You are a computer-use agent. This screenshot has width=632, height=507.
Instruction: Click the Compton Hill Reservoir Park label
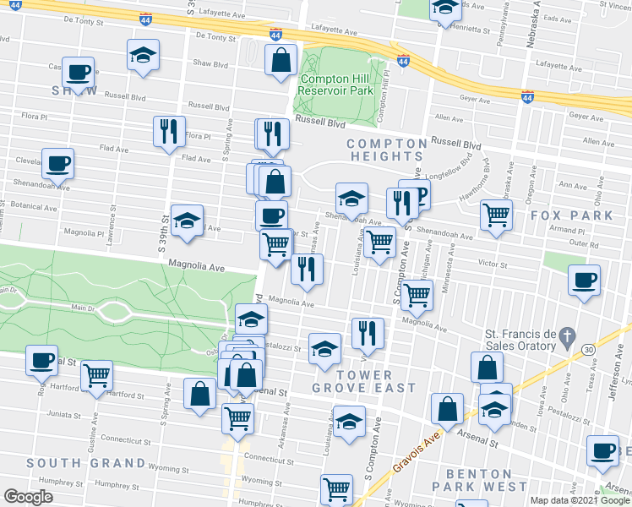[336, 84]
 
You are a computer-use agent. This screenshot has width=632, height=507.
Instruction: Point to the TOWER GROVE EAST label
[364, 381]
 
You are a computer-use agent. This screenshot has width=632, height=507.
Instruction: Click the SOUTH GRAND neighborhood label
[85, 463]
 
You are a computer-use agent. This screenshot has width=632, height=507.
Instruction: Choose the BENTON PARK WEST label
[479, 480]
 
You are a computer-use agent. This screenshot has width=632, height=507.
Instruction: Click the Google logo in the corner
[28, 497]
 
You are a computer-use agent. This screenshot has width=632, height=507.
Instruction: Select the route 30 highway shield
[588, 349]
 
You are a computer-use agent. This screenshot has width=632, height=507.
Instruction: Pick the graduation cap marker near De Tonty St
[143, 56]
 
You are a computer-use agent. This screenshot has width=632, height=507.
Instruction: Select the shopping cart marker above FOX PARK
[496, 215]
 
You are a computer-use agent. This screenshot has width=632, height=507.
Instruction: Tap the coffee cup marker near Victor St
[584, 281]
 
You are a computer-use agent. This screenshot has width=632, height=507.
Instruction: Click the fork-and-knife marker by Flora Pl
[169, 132]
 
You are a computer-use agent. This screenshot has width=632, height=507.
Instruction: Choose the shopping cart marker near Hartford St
[97, 373]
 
